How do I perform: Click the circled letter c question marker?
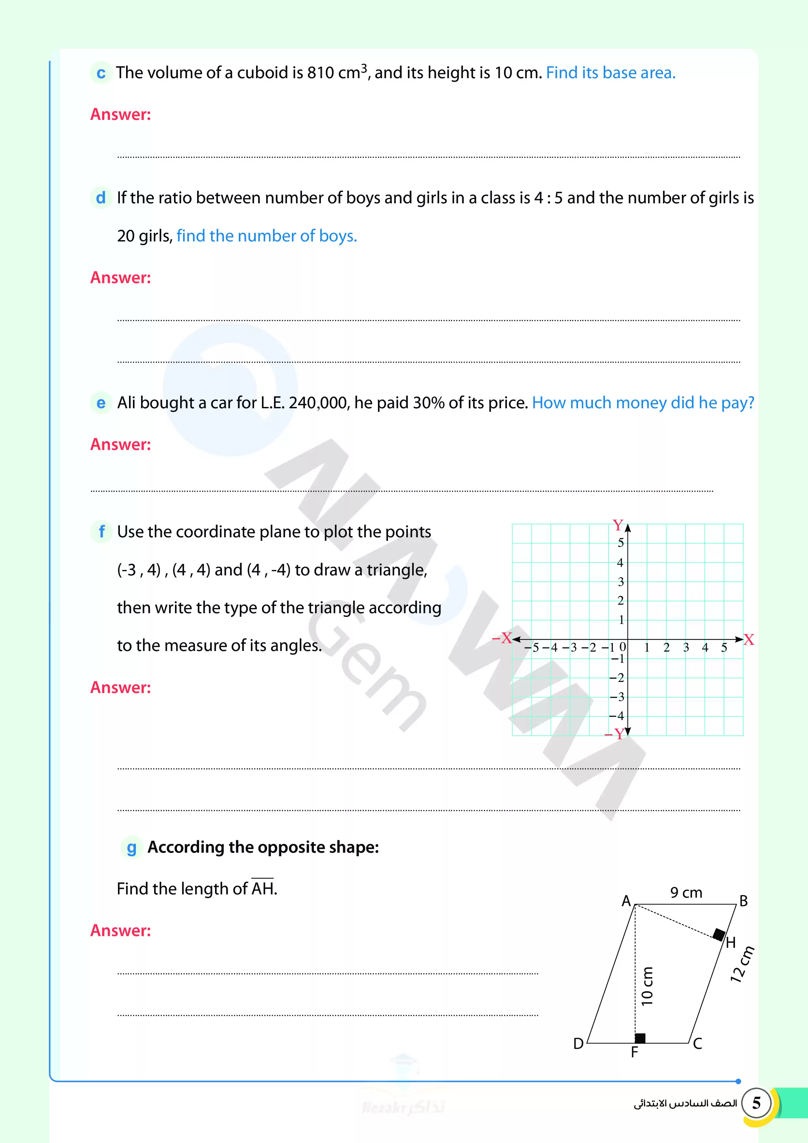pos(101,73)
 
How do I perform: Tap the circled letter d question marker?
pos(101,198)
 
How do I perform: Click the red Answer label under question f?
pos(121,687)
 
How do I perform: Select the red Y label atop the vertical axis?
pos(617,525)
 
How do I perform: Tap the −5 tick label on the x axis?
pos(532,648)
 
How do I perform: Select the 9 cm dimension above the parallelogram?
pos(686,892)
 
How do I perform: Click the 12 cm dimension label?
pos(742,964)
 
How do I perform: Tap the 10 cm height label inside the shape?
pos(647,986)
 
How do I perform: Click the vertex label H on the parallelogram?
pos(730,942)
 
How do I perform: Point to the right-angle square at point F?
pos(640,1038)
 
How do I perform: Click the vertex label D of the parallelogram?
pos(578,1043)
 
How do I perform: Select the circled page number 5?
pos(756,1103)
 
